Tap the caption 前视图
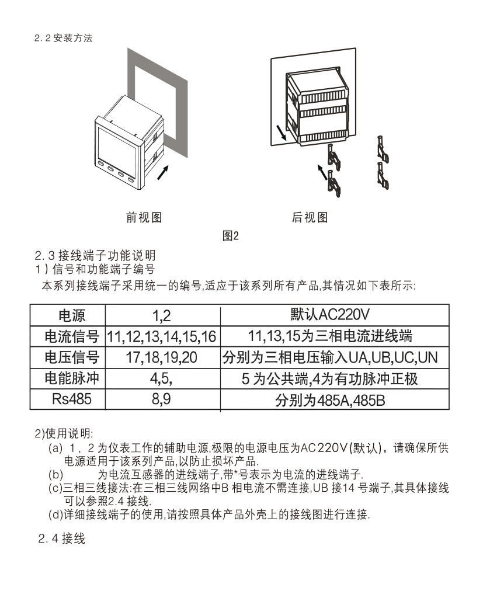(144, 218)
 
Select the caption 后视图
(310, 218)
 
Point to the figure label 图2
(232, 236)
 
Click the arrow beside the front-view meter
(165, 171)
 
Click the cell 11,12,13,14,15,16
(162, 337)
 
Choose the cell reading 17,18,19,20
(162, 357)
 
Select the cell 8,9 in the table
(161, 400)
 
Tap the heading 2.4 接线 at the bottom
(62, 538)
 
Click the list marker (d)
(55, 514)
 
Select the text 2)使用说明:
(64, 433)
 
